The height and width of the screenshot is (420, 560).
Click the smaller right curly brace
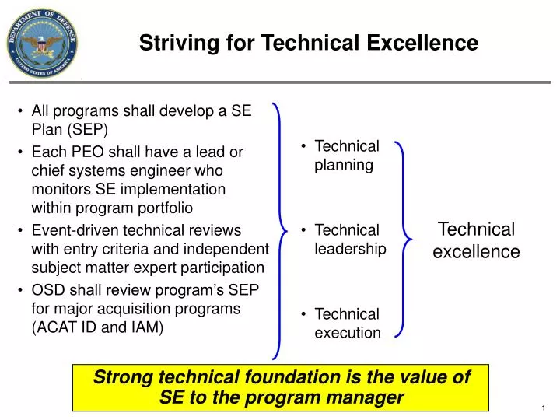pos(400,239)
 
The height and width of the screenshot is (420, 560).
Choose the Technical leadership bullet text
pos(349,239)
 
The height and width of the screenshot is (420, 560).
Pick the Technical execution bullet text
pos(347,324)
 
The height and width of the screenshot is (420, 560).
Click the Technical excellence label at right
pos(476,240)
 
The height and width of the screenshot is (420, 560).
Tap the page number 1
pos(541,409)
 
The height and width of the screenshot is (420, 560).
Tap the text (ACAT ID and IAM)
pos(97,327)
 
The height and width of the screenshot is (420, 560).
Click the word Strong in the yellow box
pos(122,378)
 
